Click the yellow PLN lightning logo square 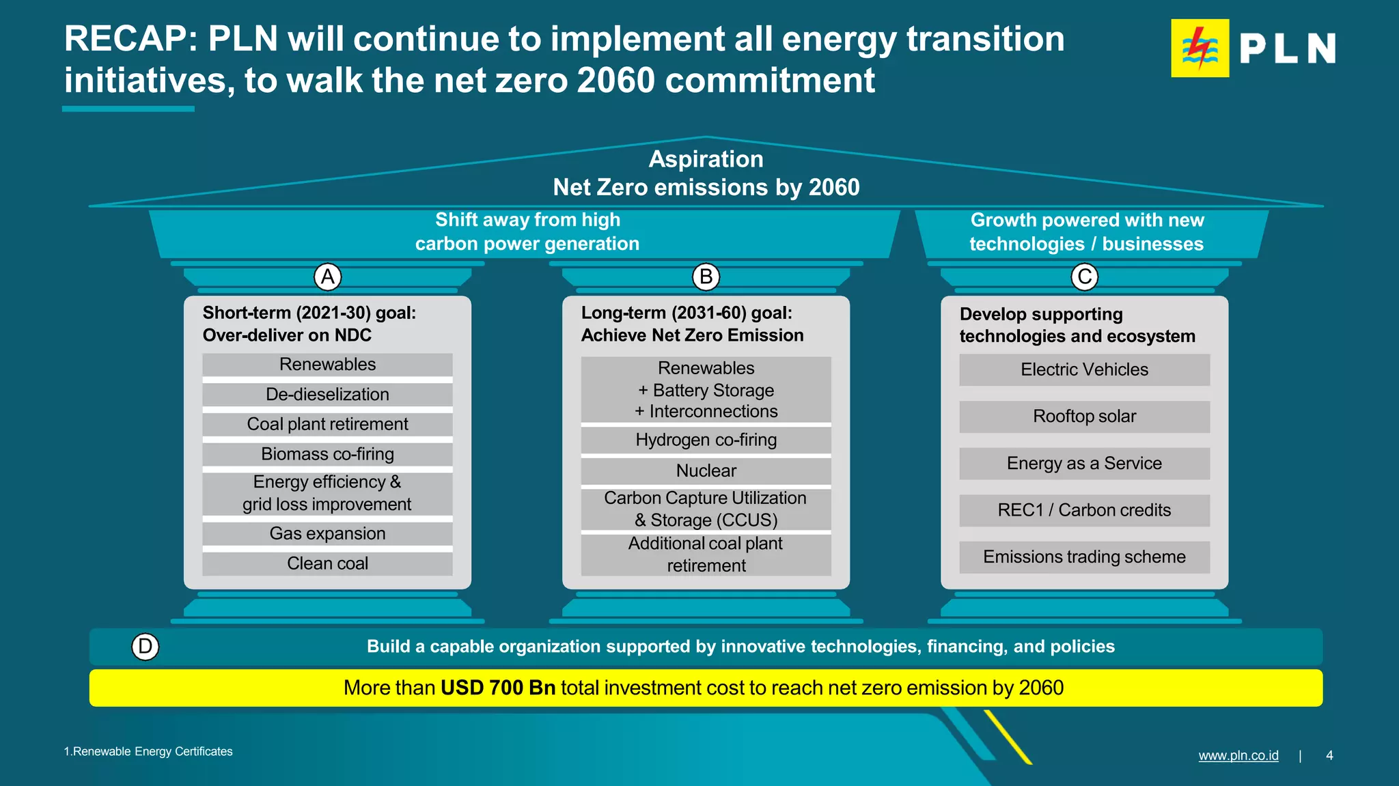tap(1200, 48)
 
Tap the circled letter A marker tap(328, 277)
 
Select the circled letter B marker tap(706, 277)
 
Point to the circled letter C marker tap(1084, 277)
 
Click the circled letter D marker tap(145, 647)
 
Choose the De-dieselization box tap(327, 395)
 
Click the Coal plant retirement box tap(327, 424)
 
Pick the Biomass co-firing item tap(327, 454)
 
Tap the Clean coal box tap(327, 563)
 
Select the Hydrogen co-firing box tap(706, 440)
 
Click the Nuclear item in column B tap(706, 471)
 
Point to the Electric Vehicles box tap(1084, 369)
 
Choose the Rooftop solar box tap(1084, 417)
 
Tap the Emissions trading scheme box tap(1084, 557)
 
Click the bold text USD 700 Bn tap(498, 688)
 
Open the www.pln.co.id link tap(1238, 755)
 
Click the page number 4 tap(1329, 755)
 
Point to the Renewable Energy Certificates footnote tap(148, 752)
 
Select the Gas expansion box tap(327, 533)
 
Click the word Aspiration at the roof tap(706, 159)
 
